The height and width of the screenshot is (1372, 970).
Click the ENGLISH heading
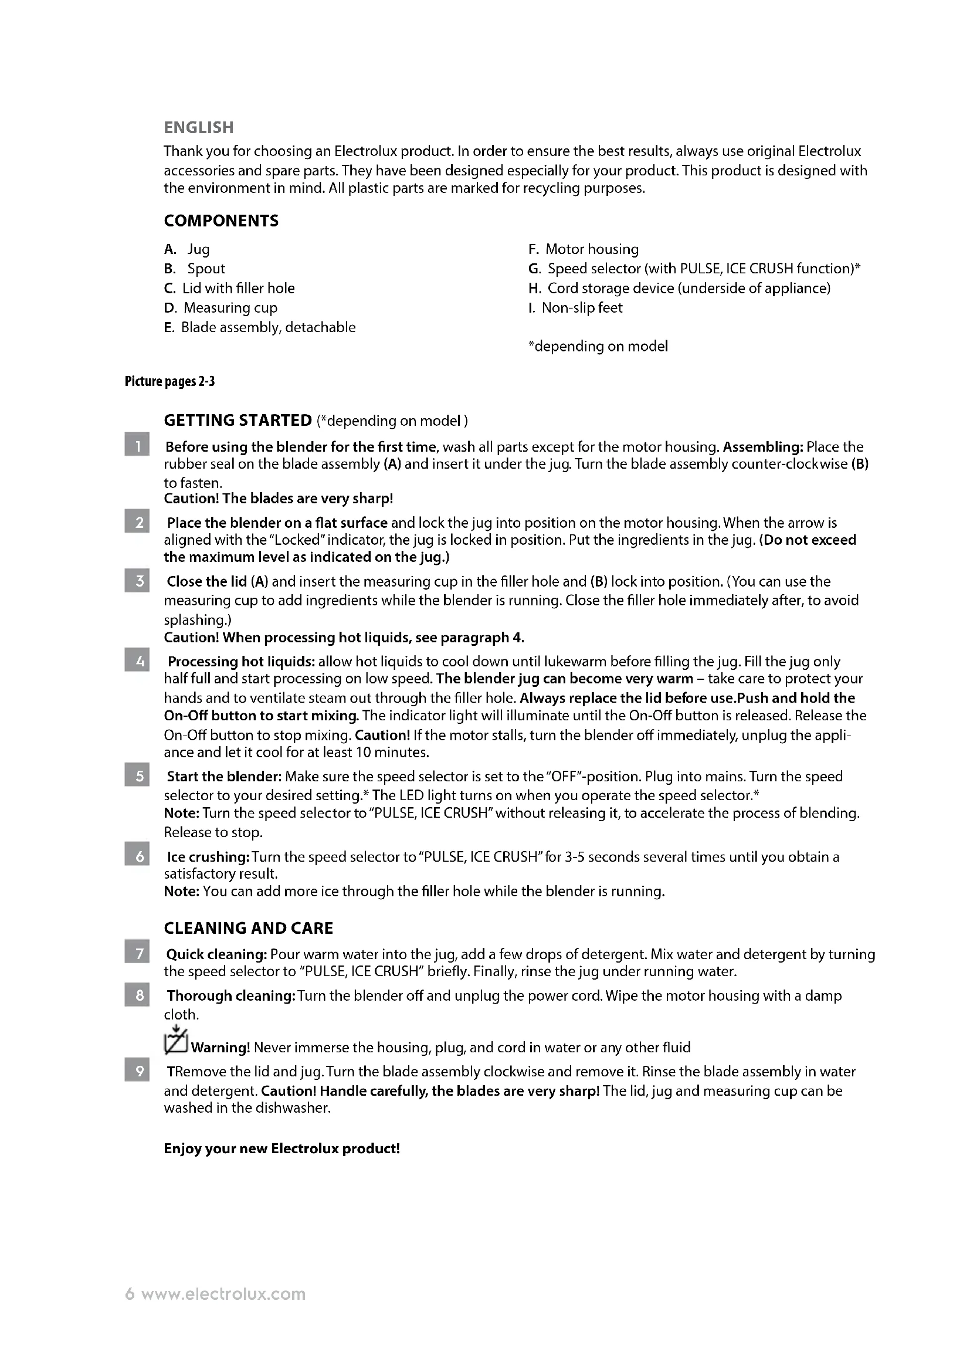(x=198, y=127)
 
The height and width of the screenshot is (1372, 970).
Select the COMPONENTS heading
(x=221, y=221)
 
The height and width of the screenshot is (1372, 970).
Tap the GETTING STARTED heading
(x=238, y=420)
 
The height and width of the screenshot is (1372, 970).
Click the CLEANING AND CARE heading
(x=249, y=928)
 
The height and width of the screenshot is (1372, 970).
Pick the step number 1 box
(x=137, y=446)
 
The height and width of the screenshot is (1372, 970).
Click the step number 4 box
(x=137, y=661)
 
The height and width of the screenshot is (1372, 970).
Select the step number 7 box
(x=137, y=953)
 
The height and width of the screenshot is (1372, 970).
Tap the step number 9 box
(x=137, y=1071)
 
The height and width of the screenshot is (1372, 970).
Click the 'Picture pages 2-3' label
(x=169, y=381)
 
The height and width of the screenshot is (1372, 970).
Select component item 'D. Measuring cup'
(x=221, y=308)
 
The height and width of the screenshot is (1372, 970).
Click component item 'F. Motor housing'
(x=583, y=249)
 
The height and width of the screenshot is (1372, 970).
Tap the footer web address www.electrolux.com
(x=223, y=1294)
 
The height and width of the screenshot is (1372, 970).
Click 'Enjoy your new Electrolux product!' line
(x=281, y=1149)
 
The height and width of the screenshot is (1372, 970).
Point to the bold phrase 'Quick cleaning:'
(x=216, y=954)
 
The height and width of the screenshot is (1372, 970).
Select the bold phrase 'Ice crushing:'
(x=208, y=857)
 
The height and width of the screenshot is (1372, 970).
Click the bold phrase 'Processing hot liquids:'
(x=241, y=662)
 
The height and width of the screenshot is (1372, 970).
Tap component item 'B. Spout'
(x=195, y=269)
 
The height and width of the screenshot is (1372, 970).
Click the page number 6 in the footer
(x=130, y=1294)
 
